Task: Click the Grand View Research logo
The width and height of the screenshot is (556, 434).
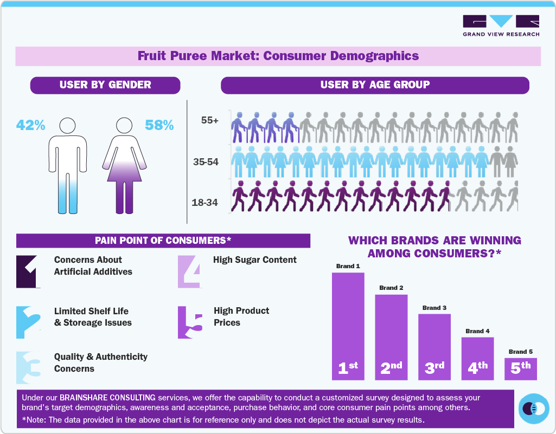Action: click(x=501, y=25)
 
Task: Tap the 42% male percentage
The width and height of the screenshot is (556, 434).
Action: click(x=30, y=125)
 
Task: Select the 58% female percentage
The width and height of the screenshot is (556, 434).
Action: click(x=159, y=125)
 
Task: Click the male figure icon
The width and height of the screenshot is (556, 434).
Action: click(x=67, y=165)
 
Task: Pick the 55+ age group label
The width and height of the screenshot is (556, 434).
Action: click(x=209, y=121)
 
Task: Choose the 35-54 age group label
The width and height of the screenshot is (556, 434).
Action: click(x=206, y=161)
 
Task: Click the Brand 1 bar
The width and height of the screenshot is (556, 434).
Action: click(x=348, y=325)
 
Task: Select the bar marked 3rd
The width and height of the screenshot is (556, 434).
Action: click(x=434, y=347)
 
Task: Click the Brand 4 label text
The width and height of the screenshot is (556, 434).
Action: click(x=477, y=331)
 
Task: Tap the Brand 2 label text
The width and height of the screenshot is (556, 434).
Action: click(x=391, y=288)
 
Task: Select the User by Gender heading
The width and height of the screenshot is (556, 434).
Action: click(x=105, y=85)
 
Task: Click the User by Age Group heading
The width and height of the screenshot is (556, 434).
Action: click(x=375, y=85)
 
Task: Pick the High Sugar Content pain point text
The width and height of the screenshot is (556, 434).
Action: click(x=255, y=260)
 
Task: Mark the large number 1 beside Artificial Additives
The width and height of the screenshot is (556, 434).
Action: click(x=29, y=271)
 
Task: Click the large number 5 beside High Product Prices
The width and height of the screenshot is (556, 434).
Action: click(x=190, y=322)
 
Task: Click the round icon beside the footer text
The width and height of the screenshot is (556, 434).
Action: click(x=534, y=408)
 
